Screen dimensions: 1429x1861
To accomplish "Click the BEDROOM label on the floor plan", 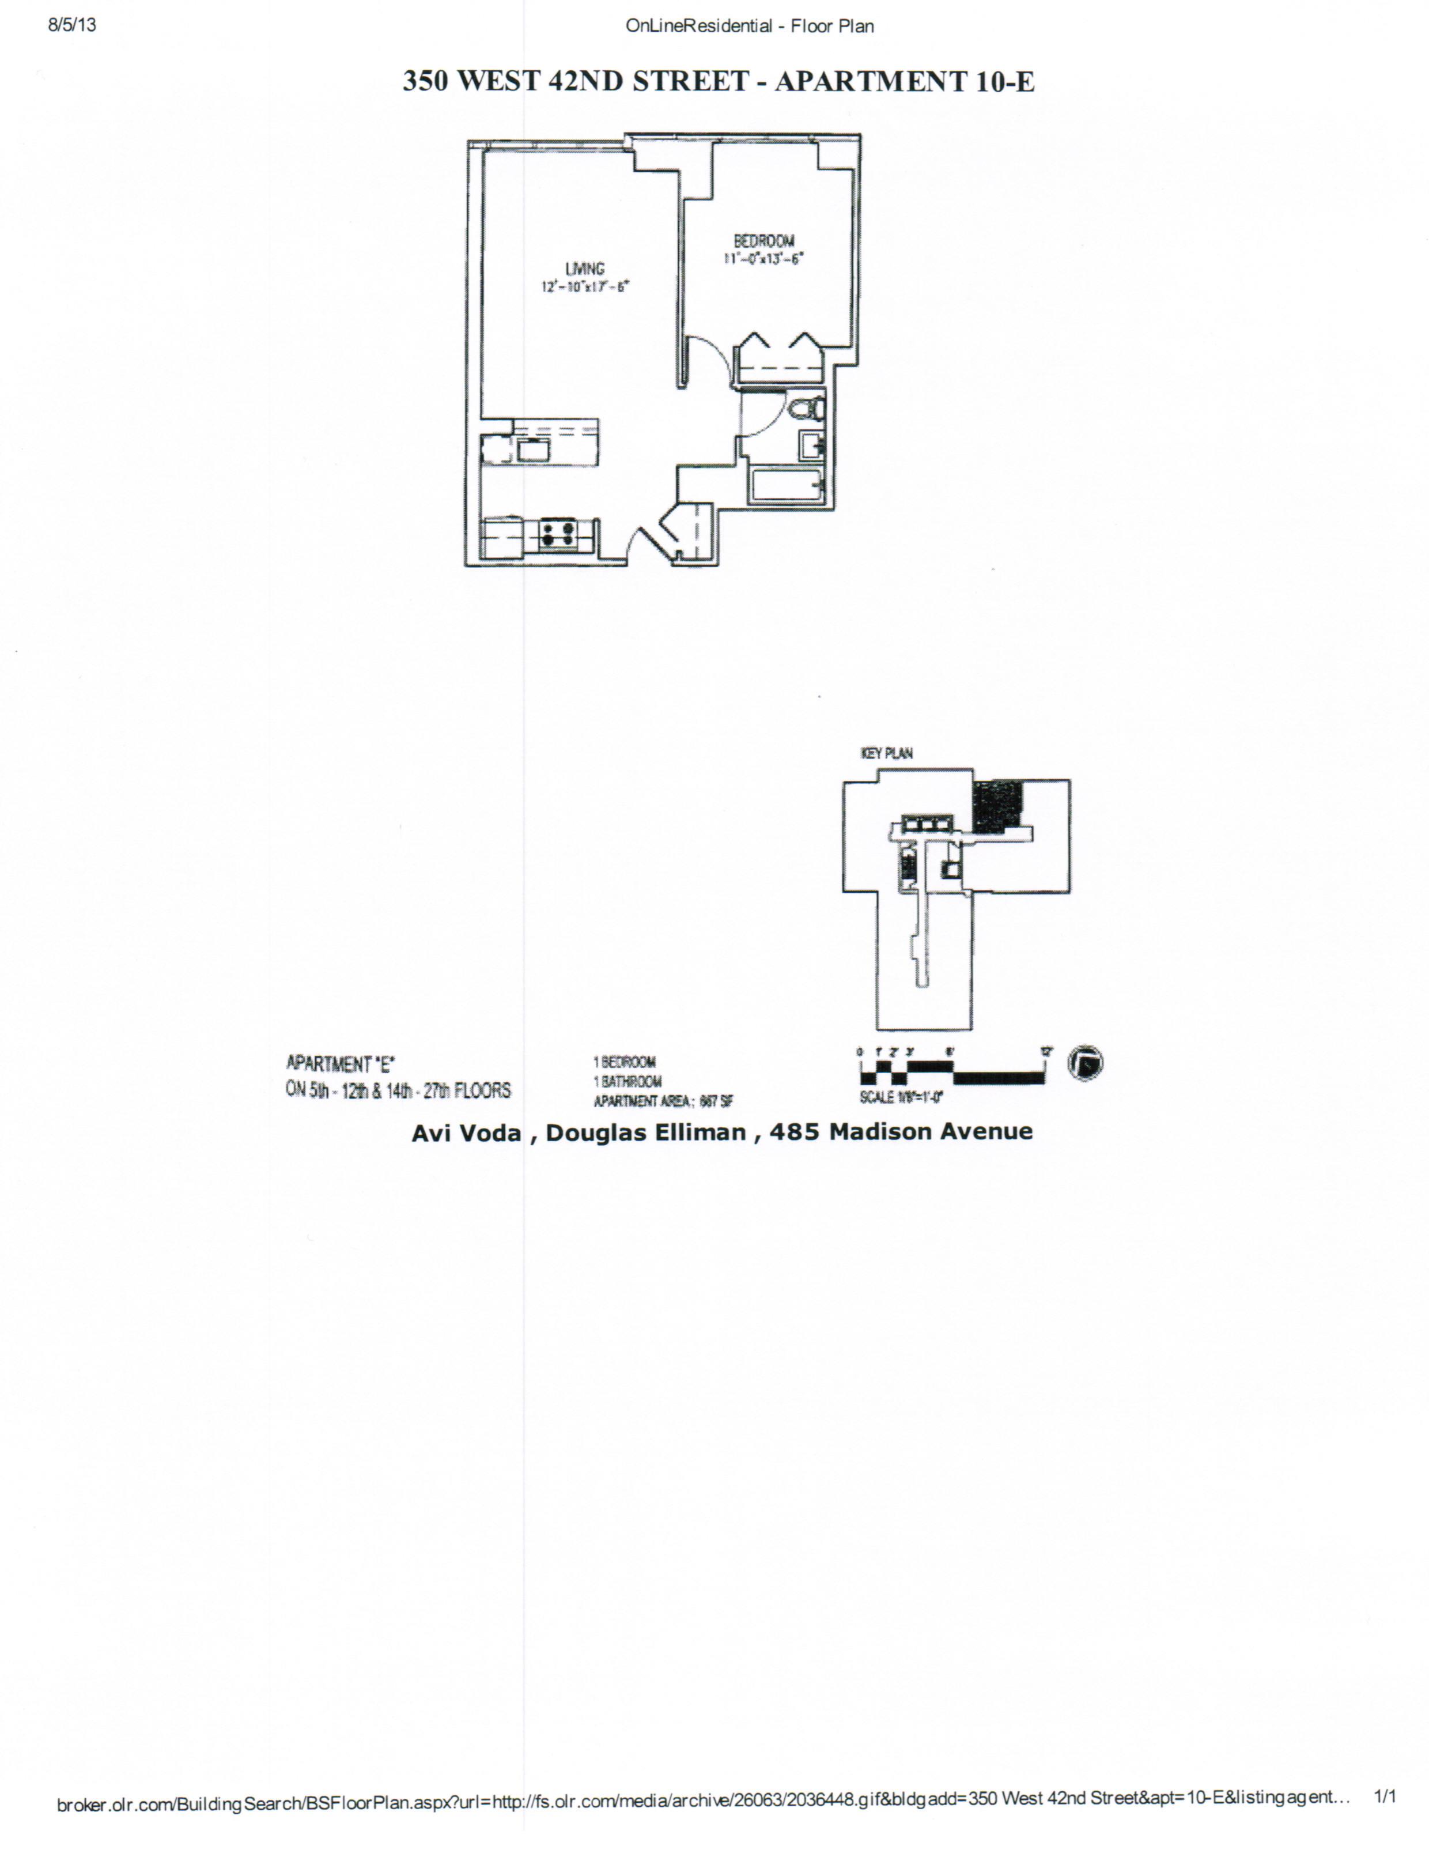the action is click(764, 241).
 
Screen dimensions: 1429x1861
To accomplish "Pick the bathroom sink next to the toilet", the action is click(811, 444).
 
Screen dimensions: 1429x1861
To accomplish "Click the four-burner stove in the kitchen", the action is click(558, 534).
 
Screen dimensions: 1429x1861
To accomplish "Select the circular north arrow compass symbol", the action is click(1086, 1063).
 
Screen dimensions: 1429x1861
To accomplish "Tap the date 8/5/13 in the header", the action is click(72, 25).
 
